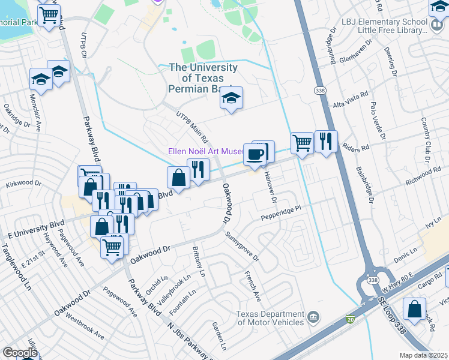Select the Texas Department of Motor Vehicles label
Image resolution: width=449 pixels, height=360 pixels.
click(270, 317)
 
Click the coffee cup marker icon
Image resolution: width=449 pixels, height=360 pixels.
click(255, 155)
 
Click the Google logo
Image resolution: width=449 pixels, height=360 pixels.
click(20, 353)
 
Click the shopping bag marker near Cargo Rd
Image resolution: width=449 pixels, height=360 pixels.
click(414, 310)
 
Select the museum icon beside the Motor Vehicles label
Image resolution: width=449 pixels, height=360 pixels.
click(312, 317)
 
